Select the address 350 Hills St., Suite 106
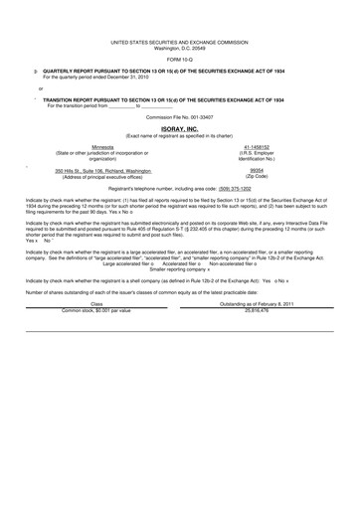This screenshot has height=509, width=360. (96, 170)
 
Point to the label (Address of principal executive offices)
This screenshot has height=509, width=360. (96, 176)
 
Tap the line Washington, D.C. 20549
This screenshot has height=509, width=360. (180, 48)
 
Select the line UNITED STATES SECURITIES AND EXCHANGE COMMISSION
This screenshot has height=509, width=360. (180, 43)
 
